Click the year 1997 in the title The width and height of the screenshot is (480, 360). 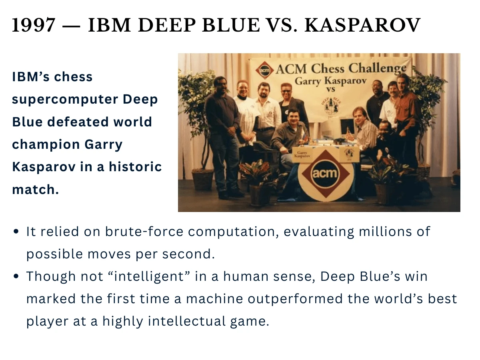point(34,26)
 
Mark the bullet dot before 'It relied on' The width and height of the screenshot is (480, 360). point(16,232)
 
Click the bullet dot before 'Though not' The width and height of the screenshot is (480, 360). point(16,277)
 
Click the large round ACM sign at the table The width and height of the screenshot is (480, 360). point(325,174)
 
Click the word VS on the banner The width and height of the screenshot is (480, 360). point(331,89)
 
